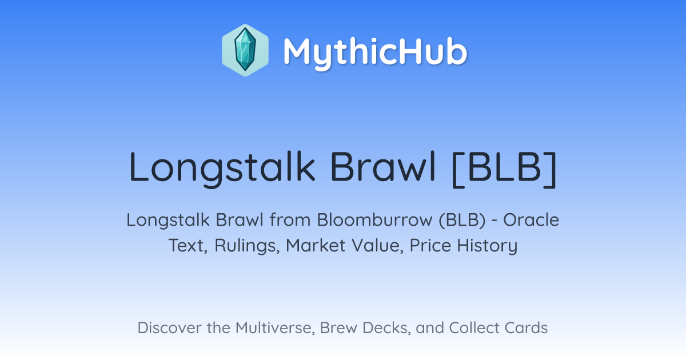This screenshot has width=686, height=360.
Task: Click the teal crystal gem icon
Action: (245, 50)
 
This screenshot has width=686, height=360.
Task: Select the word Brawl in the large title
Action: (383, 167)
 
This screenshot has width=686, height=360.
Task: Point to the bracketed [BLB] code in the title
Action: (504, 169)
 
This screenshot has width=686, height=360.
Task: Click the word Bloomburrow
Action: (374, 220)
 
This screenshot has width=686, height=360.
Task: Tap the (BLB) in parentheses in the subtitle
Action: (462, 221)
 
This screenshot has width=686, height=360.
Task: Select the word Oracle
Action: (531, 220)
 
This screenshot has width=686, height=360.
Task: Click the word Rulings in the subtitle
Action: (247, 246)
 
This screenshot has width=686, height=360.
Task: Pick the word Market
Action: (316, 245)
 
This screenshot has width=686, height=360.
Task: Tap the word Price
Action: (430, 245)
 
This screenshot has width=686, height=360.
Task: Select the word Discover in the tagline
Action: (169, 328)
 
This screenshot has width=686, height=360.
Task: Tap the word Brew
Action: (338, 328)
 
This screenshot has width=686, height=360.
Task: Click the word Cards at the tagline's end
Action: (526, 328)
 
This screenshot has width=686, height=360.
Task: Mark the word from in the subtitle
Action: (290, 220)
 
